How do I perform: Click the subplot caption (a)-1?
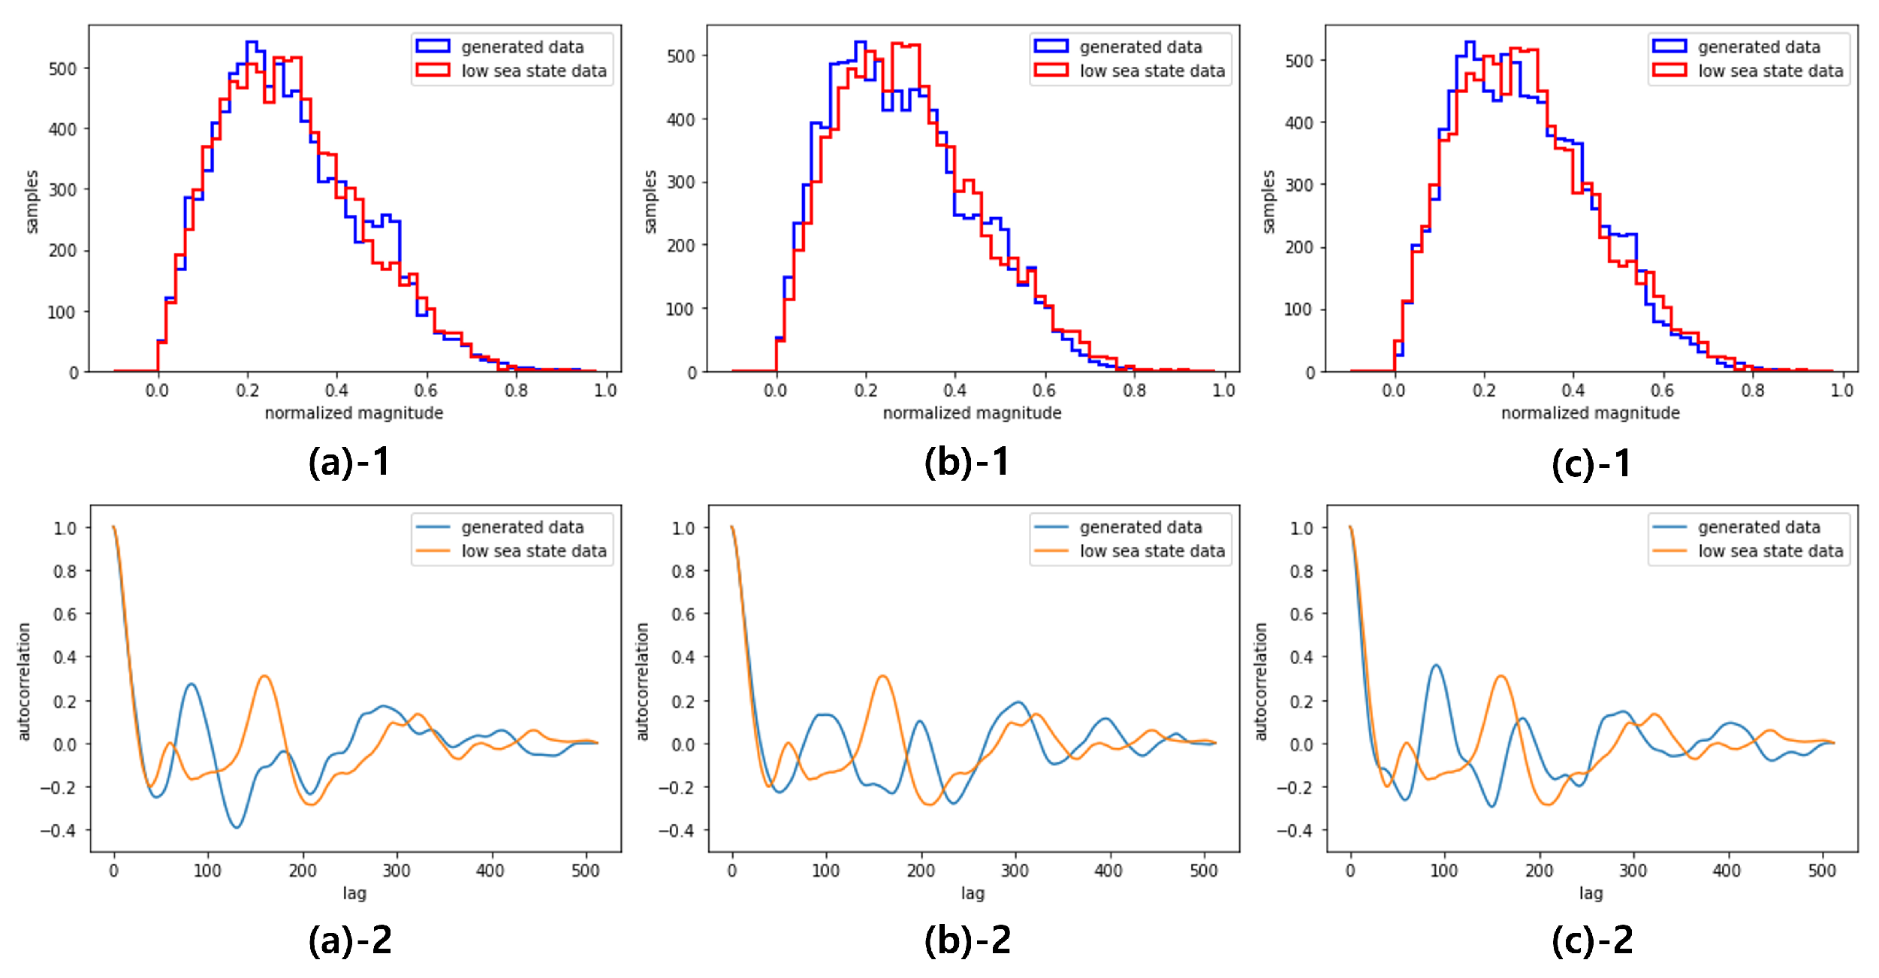[349, 462]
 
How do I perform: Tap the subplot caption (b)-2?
[967, 940]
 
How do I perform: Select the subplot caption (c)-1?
[1591, 462]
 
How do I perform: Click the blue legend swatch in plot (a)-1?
[433, 46]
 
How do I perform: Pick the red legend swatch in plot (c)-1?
[1669, 70]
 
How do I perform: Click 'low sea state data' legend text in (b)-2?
[1152, 551]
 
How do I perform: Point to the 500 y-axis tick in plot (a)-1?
[63, 69]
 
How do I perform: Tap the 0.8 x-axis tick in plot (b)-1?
[1134, 391]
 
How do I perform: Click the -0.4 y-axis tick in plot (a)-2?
[59, 830]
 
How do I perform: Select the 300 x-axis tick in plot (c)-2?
[1633, 871]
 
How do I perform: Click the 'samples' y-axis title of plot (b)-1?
[650, 201]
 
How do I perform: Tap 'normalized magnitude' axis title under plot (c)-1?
[1590, 412]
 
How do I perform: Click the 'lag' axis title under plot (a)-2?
[354, 893]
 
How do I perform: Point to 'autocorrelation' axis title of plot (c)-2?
[1260, 681]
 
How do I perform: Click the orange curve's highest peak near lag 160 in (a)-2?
[264, 676]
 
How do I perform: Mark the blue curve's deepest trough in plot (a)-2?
[237, 828]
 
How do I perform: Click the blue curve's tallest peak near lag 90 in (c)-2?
[1436, 665]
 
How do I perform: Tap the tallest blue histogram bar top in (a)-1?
[252, 42]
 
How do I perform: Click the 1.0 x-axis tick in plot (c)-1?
[1842, 391]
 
